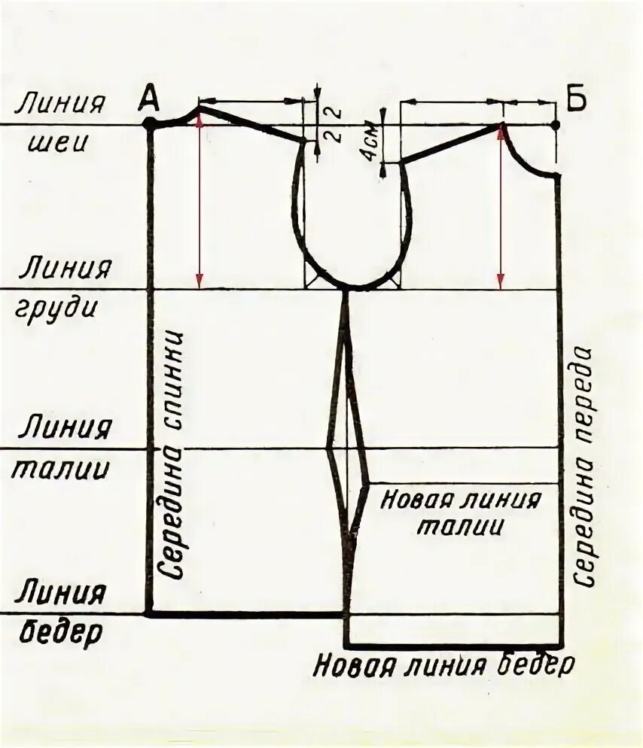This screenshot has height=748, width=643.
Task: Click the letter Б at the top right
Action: [576, 99]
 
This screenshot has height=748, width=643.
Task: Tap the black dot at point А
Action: [149, 122]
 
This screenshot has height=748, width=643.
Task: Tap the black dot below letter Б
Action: [556, 124]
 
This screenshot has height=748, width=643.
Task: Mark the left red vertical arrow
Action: [200, 203]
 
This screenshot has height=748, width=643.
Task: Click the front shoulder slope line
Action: [452, 142]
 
